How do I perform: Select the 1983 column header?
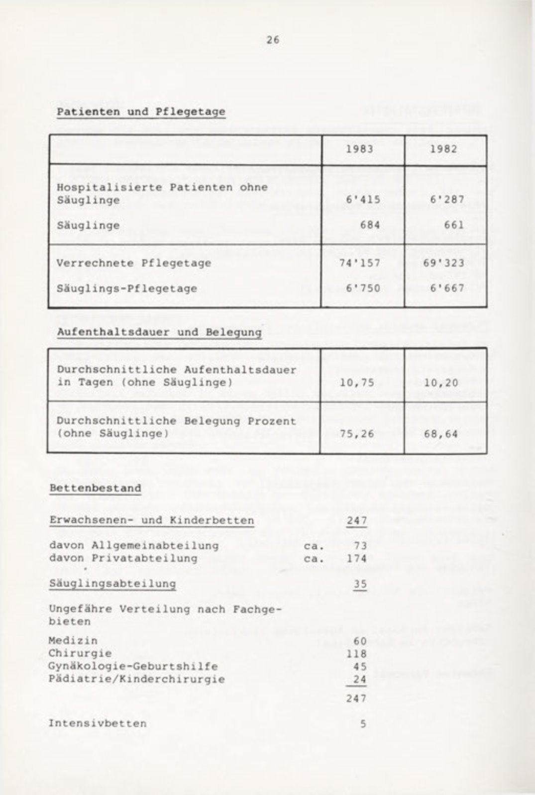[360, 149]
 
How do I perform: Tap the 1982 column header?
[443, 149]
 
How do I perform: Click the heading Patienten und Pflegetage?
[141, 112]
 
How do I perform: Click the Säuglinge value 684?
[370, 225]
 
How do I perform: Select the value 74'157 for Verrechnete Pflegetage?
[360, 263]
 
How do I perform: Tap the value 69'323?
[443, 263]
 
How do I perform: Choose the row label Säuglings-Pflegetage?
[126, 289]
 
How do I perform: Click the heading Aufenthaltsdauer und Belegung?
[159, 332]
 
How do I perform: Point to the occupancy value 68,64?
[440, 433]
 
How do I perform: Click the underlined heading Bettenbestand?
[95, 488]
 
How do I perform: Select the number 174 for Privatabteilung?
[357, 558]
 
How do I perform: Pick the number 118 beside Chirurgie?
[357, 654]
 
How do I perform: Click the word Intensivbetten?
[98, 723]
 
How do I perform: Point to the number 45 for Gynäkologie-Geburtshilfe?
[360, 666]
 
